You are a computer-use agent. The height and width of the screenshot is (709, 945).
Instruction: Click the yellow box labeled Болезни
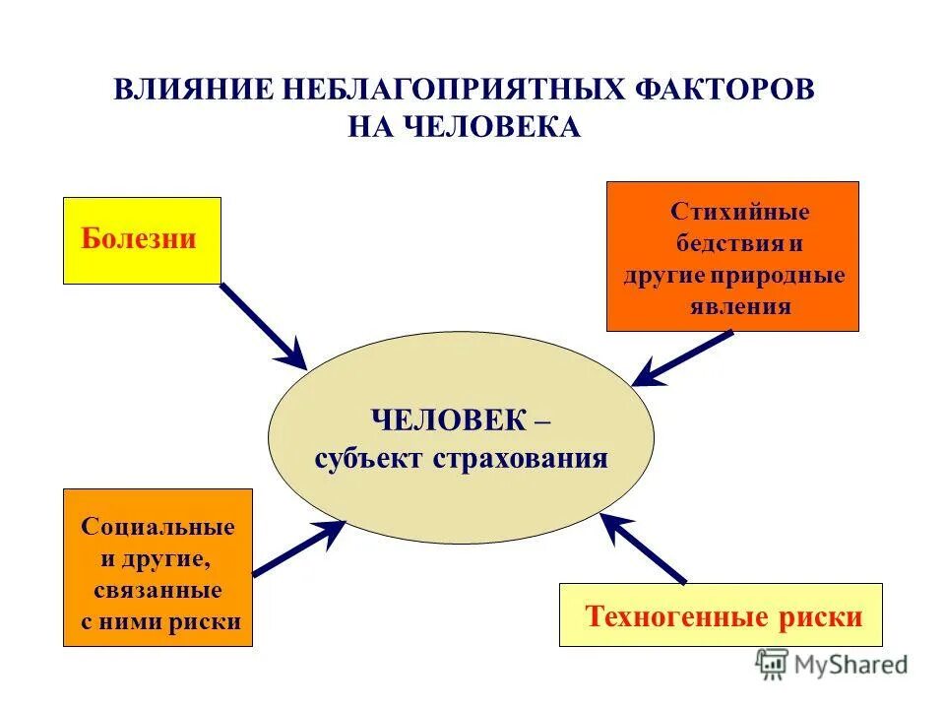coord(142,240)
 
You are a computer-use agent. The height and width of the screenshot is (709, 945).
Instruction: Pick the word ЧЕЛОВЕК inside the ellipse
coord(448,420)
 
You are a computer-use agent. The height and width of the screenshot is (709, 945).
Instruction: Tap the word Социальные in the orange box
coord(157,527)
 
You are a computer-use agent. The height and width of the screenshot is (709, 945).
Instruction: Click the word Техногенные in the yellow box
coord(676,617)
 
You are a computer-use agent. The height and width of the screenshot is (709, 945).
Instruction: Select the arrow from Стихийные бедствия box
coord(681,357)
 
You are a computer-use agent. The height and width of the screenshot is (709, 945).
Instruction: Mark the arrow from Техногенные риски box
coord(644,548)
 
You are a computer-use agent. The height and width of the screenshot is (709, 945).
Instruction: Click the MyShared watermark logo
coord(832,664)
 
